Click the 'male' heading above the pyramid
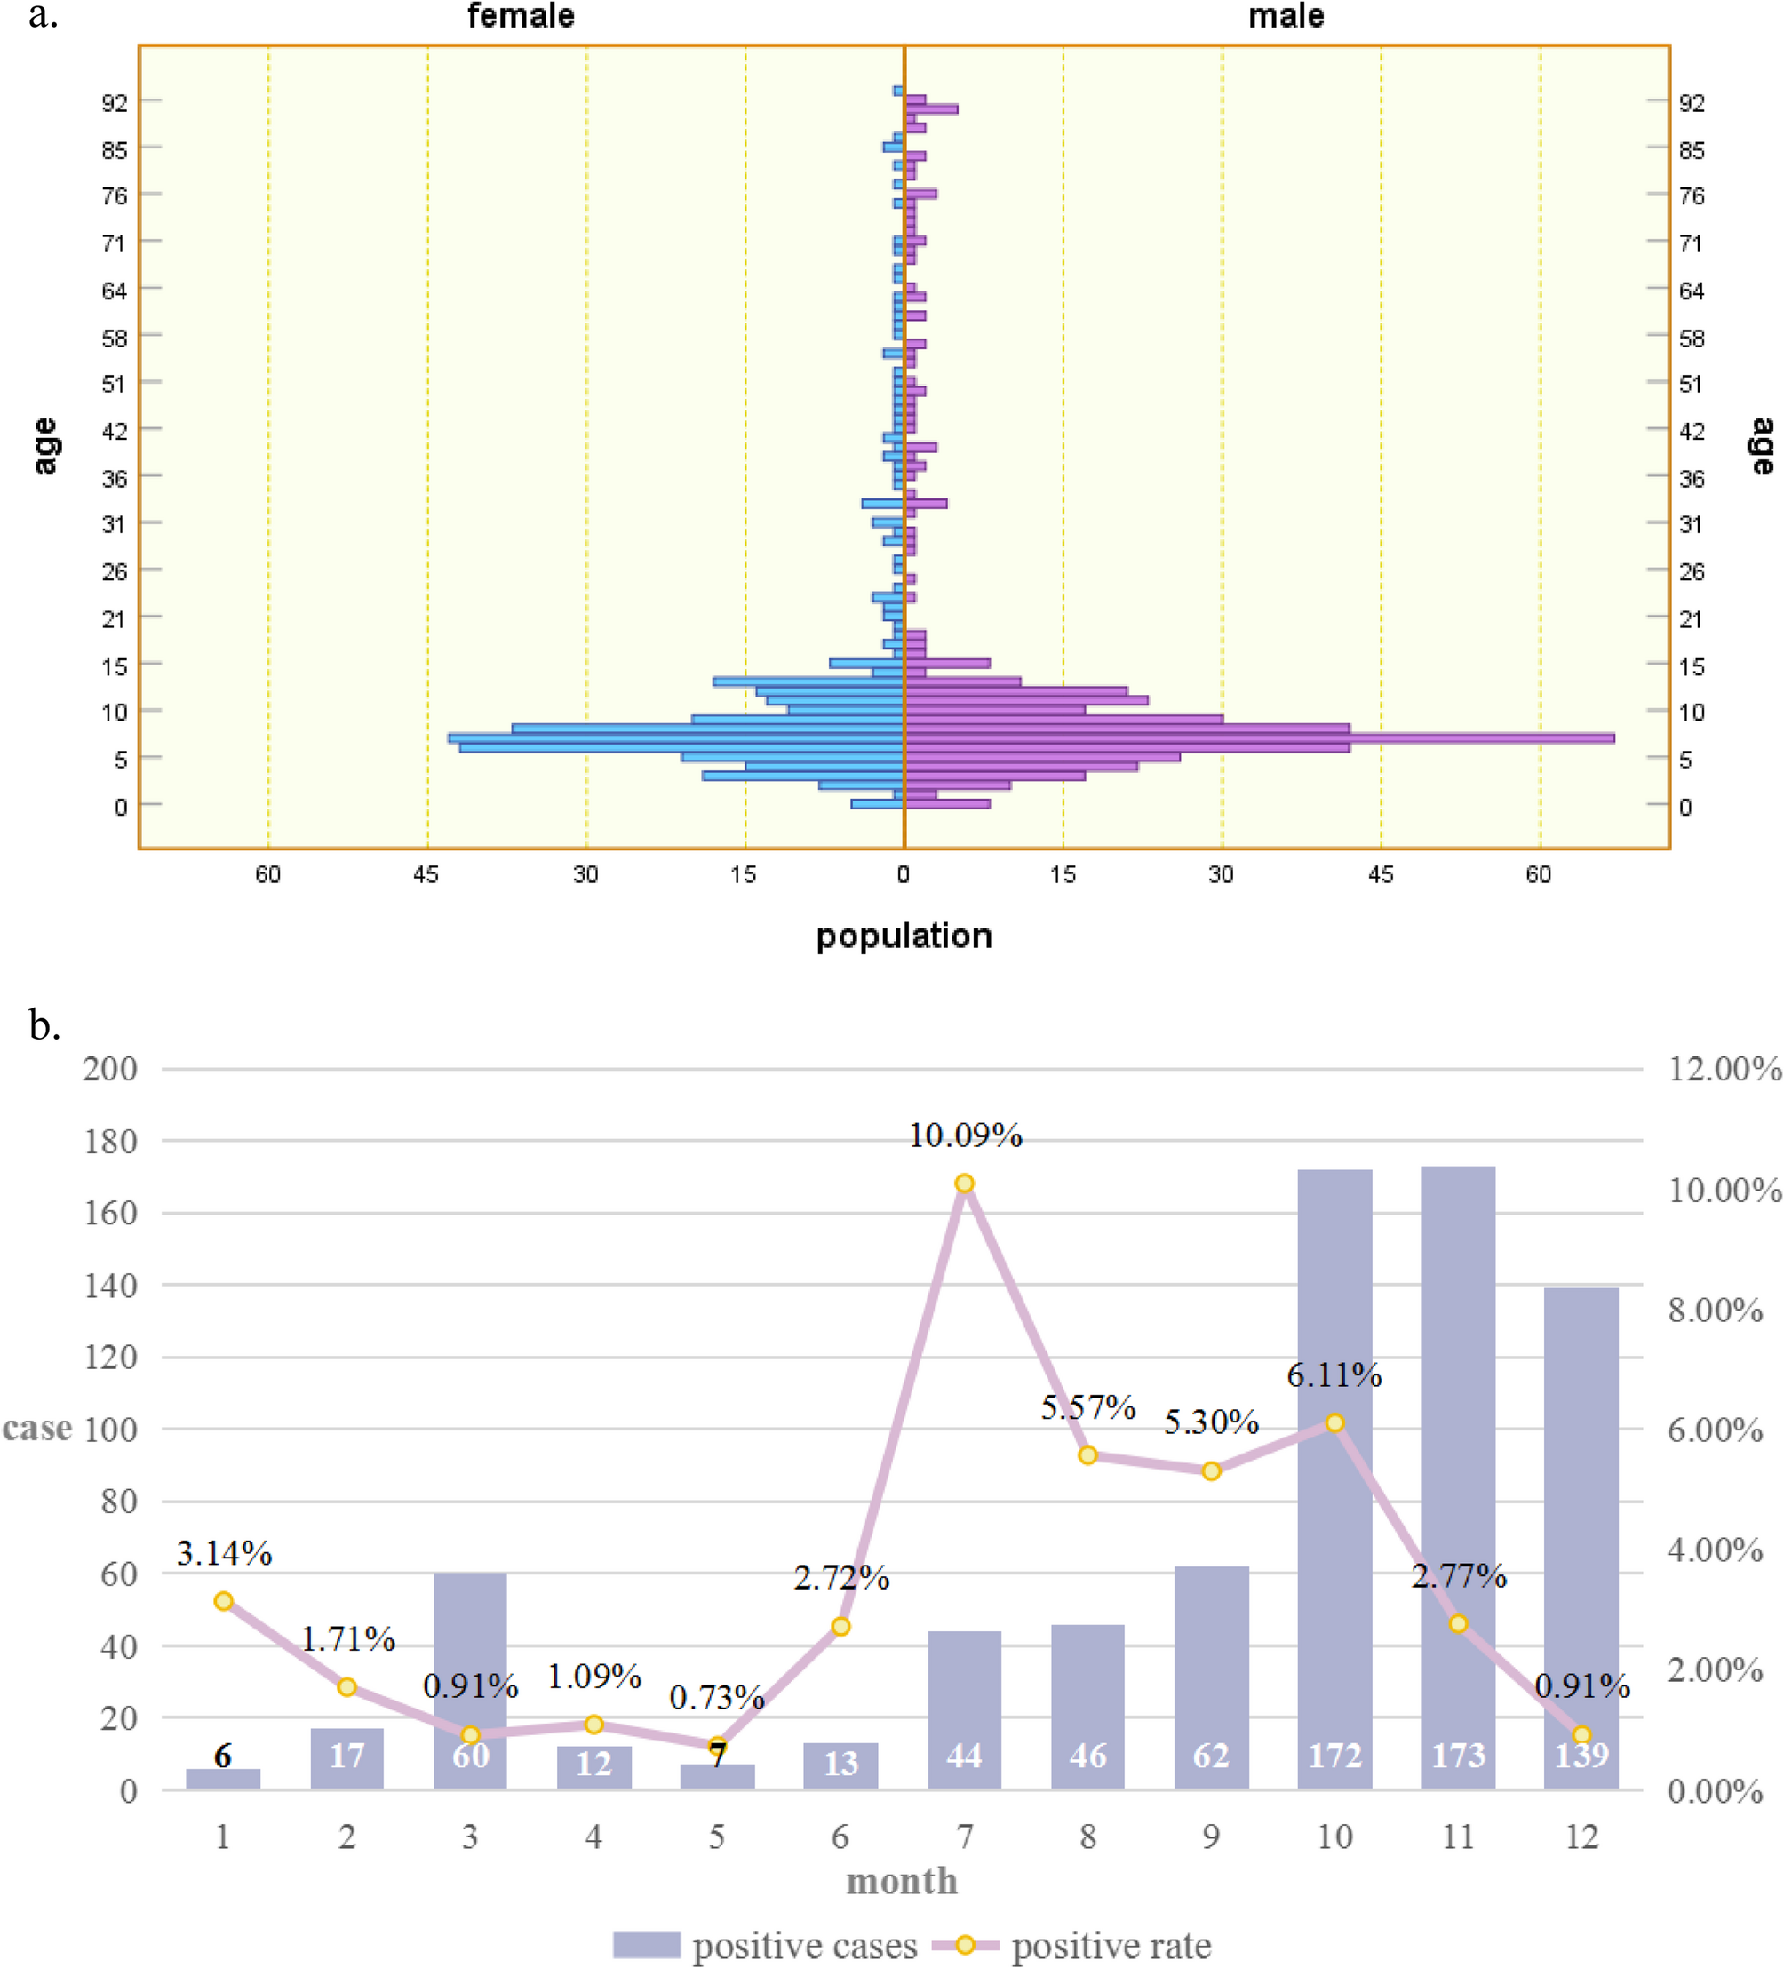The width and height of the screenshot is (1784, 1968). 1286,17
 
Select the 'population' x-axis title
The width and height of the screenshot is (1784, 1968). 904,936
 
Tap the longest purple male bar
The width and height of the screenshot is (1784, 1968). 1259,738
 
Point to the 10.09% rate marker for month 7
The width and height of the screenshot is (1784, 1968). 964,1183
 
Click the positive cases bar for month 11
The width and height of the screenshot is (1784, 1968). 1458,1464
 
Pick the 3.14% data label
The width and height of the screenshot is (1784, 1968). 224,1552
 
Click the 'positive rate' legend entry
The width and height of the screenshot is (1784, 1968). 1111,1946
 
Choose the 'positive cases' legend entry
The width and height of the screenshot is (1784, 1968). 804,1946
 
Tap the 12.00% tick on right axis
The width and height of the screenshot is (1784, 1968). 1724,1068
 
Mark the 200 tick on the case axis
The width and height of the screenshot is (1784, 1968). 109,1068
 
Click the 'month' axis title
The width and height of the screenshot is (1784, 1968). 902,1880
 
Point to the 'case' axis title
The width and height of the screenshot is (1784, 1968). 37,1428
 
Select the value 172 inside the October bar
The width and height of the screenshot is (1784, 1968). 1334,1755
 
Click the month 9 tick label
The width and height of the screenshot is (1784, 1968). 1211,1837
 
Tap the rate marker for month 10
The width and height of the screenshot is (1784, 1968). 1334,1423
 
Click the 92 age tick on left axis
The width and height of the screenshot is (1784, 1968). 115,101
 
